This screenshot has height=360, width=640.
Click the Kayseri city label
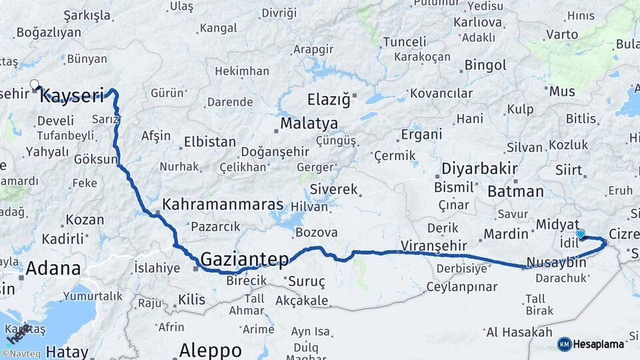[72, 96]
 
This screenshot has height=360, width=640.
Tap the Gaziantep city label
[245, 259]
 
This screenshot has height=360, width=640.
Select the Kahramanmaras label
[223, 205]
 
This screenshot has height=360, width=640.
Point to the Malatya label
[309, 123]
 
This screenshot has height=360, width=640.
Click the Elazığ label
[328, 100]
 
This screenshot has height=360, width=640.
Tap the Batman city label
[515, 191]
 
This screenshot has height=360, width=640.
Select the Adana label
[53, 269]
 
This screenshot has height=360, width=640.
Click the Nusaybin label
[556, 262]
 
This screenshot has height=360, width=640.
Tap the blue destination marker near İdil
[581, 233]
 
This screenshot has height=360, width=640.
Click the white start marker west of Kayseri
[35, 84]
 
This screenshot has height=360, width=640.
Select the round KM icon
[564, 344]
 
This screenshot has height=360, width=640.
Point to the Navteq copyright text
[18, 354]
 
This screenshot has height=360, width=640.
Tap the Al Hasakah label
[519, 332]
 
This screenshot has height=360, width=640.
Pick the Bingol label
[485, 65]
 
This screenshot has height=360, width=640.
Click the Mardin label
[505, 234]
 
